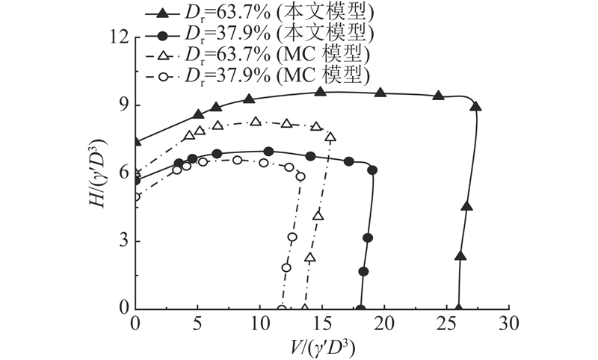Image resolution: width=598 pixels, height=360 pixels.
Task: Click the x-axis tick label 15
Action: pos(322,324)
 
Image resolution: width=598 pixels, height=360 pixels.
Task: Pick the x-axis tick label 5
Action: pos(197,324)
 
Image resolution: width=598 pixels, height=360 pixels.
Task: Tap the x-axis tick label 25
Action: pos(447,324)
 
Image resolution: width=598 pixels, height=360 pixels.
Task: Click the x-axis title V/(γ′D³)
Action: pos(321,347)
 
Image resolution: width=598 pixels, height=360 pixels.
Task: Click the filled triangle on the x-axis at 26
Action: pos(459,308)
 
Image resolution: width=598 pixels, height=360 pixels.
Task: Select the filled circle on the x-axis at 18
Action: pos(360,308)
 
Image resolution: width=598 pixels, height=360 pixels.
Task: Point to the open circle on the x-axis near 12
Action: pos(282,308)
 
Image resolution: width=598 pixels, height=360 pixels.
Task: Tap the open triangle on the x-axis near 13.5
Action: pos(304,308)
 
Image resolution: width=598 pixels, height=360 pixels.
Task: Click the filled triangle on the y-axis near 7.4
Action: pos(136,141)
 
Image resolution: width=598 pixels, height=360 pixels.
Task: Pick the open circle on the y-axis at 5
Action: pos(136,196)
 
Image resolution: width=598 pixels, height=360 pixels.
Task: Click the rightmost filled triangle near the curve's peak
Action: pos(475,106)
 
